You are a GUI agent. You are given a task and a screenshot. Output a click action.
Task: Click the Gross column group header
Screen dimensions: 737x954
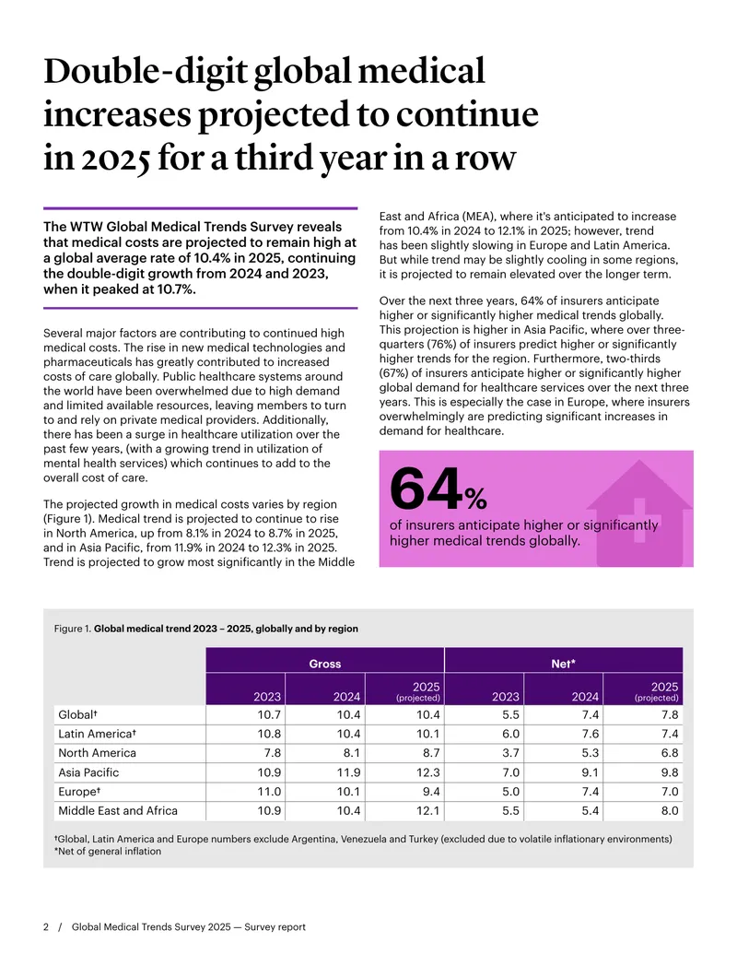click(324, 663)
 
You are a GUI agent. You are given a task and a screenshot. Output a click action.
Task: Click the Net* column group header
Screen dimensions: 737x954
click(563, 663)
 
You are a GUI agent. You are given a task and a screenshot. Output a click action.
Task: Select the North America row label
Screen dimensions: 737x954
click(98, 753)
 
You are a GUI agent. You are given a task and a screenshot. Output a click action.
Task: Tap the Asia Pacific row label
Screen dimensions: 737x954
click(88, 772)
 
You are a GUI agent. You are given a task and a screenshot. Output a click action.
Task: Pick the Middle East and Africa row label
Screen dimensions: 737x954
click(118, 810)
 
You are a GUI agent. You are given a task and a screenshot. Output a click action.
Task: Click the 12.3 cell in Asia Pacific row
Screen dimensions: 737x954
click(427, 772)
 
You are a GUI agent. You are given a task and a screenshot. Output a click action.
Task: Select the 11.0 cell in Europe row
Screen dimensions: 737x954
click(269, 792)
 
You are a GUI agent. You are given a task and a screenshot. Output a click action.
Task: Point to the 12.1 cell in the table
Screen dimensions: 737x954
click(427, 810)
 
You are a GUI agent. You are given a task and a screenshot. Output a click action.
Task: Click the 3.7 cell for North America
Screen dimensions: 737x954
click(510, 753)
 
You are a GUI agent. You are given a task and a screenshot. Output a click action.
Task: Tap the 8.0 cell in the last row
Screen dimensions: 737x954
click(670, 810)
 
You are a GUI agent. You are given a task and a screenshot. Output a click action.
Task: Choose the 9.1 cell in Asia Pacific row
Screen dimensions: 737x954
click(590, 772)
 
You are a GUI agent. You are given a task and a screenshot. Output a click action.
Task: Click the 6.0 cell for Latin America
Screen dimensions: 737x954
click(510, 734)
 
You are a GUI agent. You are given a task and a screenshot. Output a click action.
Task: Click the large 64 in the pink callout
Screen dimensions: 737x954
click(427, 489)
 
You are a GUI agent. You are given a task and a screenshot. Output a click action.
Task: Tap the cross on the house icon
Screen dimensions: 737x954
click(638, 520)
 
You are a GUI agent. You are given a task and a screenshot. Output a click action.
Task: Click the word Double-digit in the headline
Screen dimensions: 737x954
click(146, 72)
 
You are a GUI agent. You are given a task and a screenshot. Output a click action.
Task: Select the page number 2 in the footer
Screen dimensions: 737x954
click(46, 926)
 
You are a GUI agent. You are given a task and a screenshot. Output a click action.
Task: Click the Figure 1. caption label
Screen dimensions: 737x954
click(73, 629)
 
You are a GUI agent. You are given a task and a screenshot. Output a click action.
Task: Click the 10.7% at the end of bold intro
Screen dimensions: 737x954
click(176, 289)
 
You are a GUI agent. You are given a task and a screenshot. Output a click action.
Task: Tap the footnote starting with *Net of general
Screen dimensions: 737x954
click(108, 851)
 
